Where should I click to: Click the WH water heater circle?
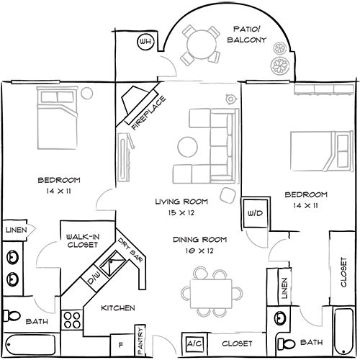[145, 42]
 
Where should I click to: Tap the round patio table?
[201, 45]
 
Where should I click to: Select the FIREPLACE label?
[149, 113]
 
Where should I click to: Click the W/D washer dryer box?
[255, 213]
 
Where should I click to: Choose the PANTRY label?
[140, 341]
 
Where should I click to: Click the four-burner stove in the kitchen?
[72, 320]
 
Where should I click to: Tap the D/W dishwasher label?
[94, 279]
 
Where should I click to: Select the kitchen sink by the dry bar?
[112, 264]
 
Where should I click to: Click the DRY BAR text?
[130, 251]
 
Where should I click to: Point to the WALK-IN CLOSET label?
[83, 241]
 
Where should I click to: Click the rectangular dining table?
[211, 294]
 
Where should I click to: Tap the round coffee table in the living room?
[188, 147]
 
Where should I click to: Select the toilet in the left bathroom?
[12, 316]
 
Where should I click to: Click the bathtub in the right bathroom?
[344, 332]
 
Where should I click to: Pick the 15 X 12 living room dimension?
[181, 212]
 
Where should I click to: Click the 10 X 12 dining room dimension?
[199, 251]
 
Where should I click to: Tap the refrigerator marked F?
[122, 346]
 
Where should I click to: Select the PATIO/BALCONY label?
[247, 35]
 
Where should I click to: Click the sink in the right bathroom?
[279, 318]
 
